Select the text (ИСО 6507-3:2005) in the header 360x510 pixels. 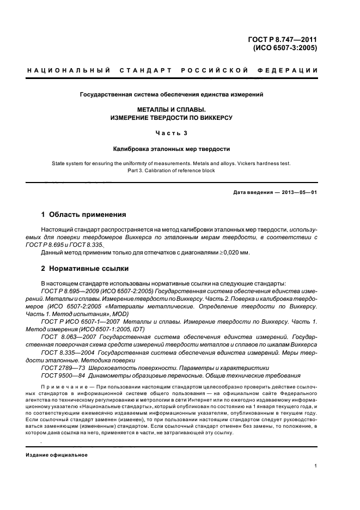point(285,47)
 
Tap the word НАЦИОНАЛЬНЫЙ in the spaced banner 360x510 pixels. point(69,70)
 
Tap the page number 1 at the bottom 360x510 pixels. point(316,466)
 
